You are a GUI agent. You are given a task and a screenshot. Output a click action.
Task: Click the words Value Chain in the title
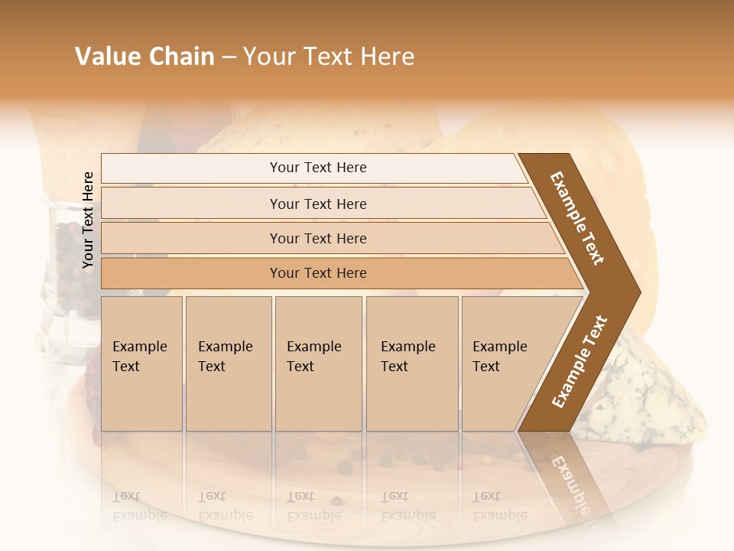[145, 57]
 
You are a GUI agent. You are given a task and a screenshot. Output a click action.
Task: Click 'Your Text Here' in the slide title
[328, 57]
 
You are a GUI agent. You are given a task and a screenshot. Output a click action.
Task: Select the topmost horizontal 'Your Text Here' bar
[317, 168]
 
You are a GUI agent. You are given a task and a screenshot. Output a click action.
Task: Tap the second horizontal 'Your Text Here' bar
[317, 204]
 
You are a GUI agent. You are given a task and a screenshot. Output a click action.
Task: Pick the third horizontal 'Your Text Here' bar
[317, 239]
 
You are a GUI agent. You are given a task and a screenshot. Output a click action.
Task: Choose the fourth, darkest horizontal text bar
[317, 273]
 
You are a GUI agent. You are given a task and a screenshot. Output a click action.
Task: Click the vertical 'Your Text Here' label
[88, 220]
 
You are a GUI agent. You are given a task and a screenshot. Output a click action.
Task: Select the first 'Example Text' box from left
[141, 364]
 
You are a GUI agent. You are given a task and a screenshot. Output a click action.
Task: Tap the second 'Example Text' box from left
[228, 364]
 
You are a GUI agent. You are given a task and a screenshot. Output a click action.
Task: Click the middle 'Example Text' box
[318, 364]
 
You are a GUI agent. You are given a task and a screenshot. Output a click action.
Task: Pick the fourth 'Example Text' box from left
[411, 364]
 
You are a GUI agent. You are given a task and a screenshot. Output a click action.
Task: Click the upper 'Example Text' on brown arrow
[577, 217]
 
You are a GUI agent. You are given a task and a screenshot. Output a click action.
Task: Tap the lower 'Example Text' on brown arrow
[579, 362]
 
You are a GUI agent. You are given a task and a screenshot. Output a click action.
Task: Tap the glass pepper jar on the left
[69, 291]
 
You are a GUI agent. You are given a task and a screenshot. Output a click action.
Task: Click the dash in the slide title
[229, 57]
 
